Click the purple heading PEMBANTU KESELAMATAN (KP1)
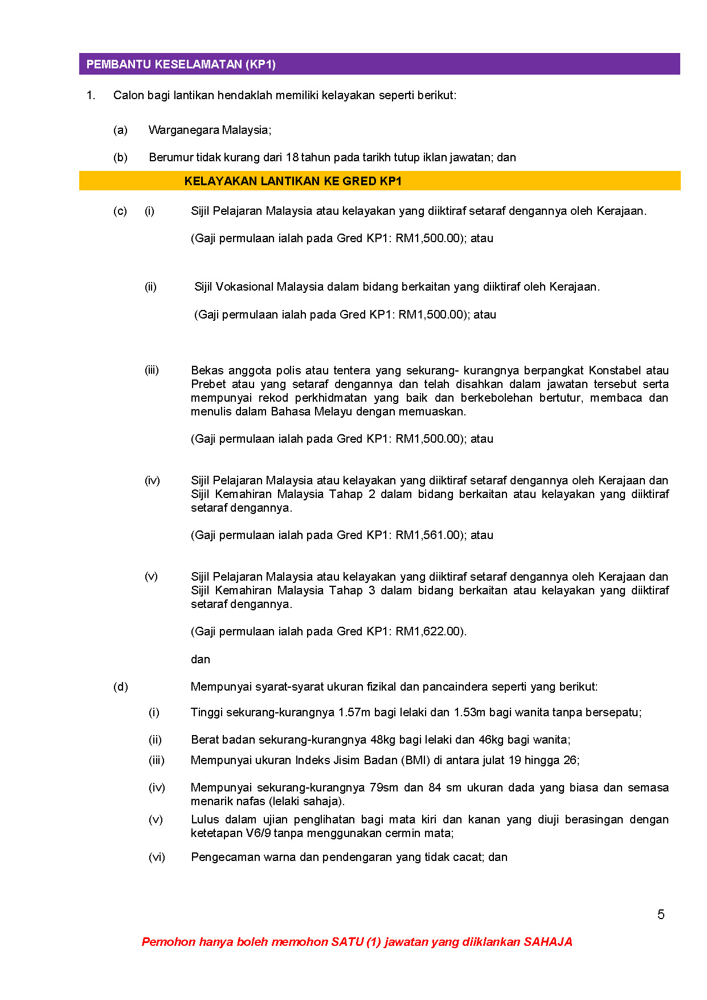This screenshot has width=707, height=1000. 181,64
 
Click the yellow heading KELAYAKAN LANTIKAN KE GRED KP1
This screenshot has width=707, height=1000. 293,181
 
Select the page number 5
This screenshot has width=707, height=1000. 661,915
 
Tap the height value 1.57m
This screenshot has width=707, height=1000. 354,712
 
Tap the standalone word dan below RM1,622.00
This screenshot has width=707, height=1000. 201,659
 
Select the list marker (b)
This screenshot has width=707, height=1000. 120,157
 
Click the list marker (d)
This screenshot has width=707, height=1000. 120,687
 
